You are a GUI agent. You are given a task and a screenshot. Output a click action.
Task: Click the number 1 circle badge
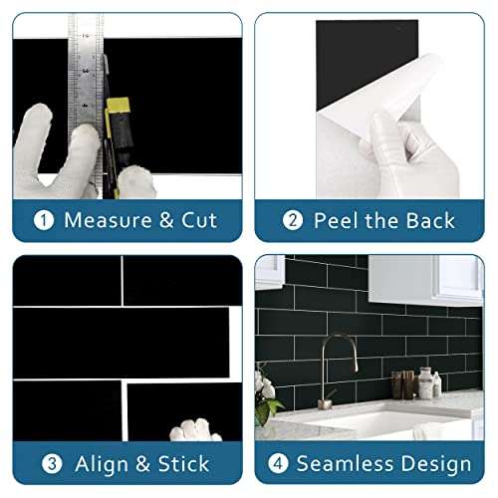[44, 220]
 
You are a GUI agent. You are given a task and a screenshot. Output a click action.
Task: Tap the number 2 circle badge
[293, 220]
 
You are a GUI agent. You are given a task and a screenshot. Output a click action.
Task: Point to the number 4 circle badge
[280, 463]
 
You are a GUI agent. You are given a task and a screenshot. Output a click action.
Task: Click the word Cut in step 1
[196, 220]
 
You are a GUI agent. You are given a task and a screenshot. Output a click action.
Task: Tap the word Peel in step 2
[336, 220]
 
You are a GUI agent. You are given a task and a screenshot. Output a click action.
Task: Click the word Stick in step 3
[180, 463]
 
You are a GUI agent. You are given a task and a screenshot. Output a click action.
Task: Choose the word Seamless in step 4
[350, 463]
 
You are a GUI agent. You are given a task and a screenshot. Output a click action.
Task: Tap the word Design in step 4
[439, 464]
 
